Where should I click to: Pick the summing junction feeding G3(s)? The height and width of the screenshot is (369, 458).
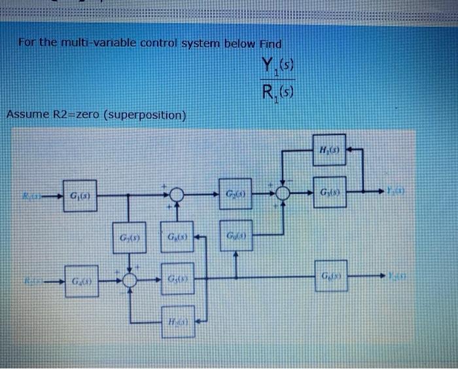point(283,194)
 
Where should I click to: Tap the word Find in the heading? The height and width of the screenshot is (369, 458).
point(270,44)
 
